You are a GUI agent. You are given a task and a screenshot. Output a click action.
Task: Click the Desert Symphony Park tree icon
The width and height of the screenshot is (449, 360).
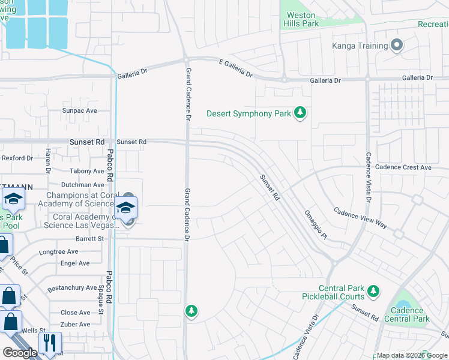pyautogui.click(x=300, y=113)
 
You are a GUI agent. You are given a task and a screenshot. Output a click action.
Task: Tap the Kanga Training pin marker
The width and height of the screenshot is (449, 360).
pyautogui.click(x=396, y=45)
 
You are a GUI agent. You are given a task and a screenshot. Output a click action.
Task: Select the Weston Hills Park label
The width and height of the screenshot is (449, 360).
pyautogui.click(x=301, y=19)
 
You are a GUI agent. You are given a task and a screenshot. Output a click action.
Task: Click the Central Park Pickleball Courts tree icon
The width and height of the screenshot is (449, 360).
pyautogui.click(x=373, y=291)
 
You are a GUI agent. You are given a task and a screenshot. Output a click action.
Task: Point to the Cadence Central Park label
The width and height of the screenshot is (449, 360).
pyautogui.click(x=410, y=314)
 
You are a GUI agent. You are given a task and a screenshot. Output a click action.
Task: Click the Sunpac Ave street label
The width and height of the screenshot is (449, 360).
pyautogui.click(x=79, y=111)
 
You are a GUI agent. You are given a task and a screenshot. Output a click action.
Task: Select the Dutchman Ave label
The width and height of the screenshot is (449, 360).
pyautogui.click(x=82, y=185)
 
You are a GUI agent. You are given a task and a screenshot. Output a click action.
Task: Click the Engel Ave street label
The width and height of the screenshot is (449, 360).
pyautogui.click(x=75, y=263)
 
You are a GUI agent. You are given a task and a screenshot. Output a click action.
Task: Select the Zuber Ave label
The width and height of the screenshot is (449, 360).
pyautogui.click(x=75, y=325)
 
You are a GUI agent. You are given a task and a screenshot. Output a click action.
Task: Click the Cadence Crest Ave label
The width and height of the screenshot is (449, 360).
pyautogui.click(x=403, y=168)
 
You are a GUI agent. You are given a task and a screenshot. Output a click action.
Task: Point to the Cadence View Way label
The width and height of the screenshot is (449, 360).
pyautogui.click(x=360, y=219)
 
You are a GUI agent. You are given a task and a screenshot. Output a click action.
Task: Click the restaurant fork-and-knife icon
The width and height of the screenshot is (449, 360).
pyautogui.click(x=50, y=343)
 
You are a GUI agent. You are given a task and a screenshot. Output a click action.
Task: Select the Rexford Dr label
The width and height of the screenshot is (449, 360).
pyautogui.click(x=17, y=158)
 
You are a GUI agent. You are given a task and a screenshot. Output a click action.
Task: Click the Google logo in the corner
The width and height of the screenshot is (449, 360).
pyautogui.click(x=20, y=353)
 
